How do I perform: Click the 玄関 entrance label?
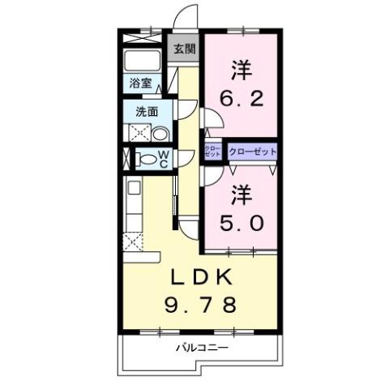(184, 49)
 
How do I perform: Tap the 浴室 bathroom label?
(137, 83)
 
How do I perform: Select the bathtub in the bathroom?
(143, 61)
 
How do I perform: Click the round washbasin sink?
(160, 134)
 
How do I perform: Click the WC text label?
(163, 159)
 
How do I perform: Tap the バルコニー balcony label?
(200, 348)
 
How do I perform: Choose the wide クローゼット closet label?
(253, 152)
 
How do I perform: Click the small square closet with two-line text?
(212, 152)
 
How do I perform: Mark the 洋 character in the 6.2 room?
(241, 70)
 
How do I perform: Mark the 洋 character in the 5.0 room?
(241, 194)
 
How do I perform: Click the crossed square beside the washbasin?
(138, 134)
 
